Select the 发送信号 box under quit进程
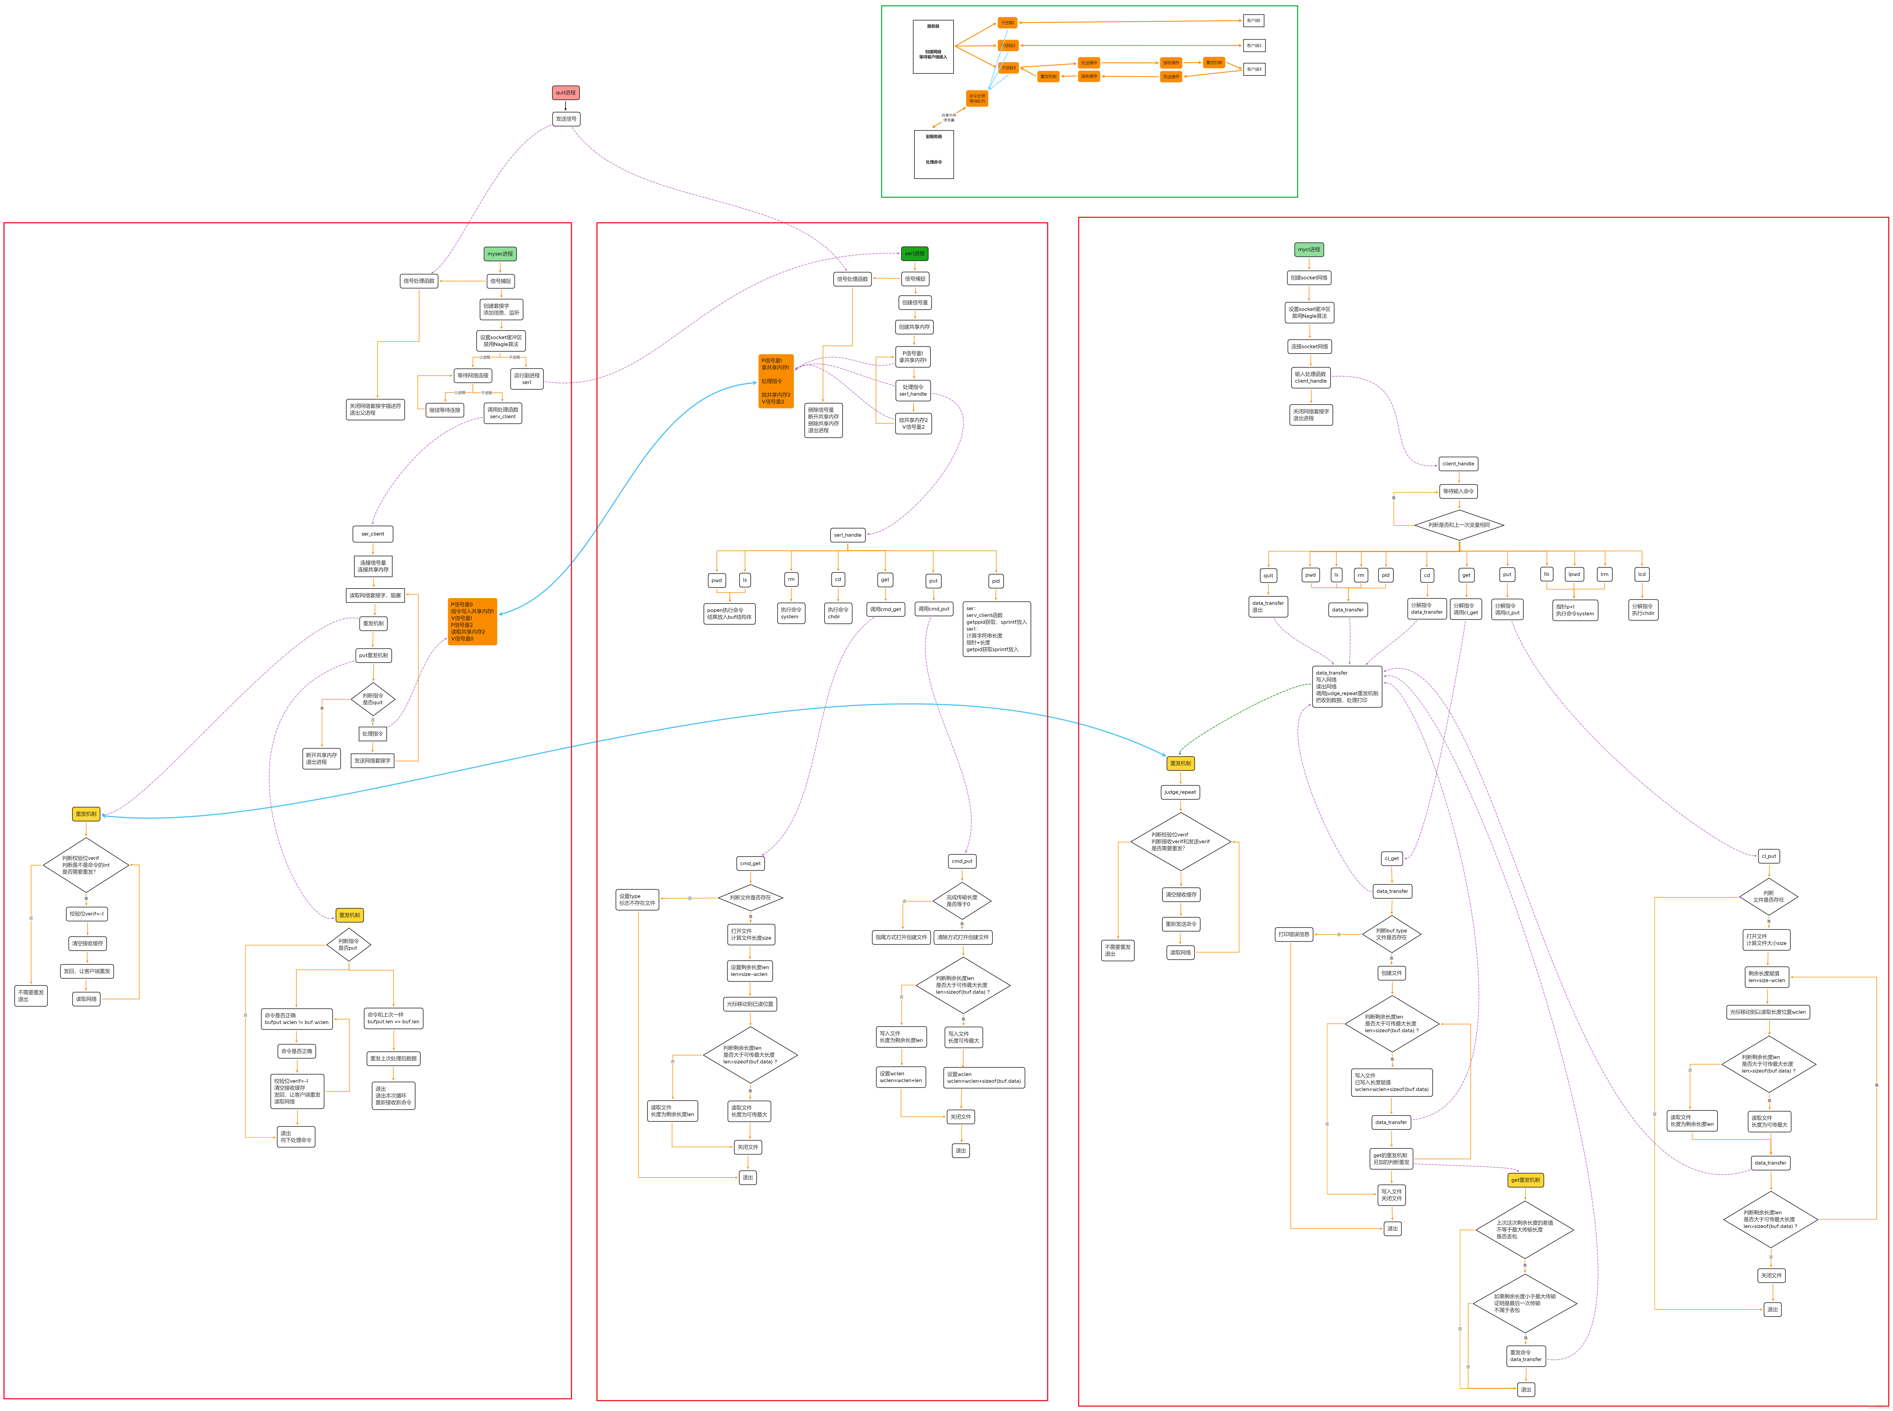point(566,119)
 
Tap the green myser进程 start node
point(500,254)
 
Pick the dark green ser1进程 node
point(914,254)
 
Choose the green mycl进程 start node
point(1308,249)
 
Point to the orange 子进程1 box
point(1008,23)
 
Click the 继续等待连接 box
point(445,410)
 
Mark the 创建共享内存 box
point(914,327)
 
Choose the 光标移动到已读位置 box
point(749,1004)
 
